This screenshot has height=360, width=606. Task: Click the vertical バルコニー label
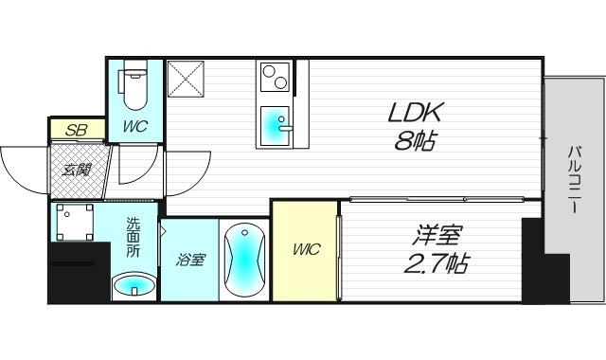(x=575, y=180)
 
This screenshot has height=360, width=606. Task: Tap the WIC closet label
(x=305, y=250)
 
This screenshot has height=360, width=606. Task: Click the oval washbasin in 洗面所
(x=132, y=283)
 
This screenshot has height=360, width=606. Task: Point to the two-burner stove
(x=276, y=76)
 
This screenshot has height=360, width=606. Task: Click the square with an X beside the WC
(x=186, y=79)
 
